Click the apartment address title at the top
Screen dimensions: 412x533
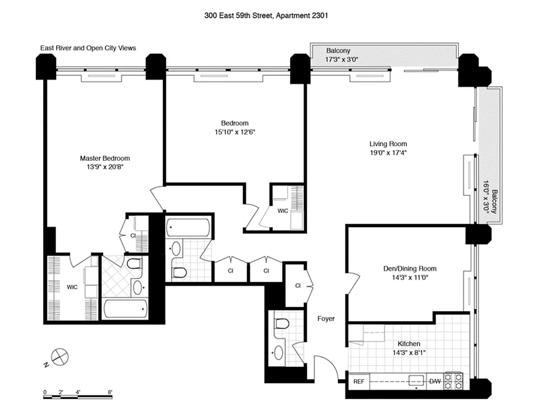click(x=266, y=15)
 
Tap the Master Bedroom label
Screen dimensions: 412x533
click(x=105, y=159)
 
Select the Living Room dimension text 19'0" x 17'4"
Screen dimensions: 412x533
click(x=388, y=152)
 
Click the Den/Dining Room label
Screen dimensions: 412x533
click(x=409, y=269)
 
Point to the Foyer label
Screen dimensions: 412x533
click(x=326, y=319)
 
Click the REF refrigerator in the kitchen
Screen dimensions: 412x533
click(x=359, y=382)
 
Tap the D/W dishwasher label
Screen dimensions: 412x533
click(x=435, y=382)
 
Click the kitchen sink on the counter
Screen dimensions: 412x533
click(x=416, y=382)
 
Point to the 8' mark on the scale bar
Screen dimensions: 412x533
click(x=110, y=392)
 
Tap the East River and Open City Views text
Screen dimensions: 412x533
click(x=88, y=48)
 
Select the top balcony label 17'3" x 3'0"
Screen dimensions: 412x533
click(x=338, y=59)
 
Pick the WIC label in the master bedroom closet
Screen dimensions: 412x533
click(x=72, y=287)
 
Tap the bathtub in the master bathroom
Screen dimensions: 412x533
click(x=126, y=310)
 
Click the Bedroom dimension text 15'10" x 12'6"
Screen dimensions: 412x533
click(x=234, y=132)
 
